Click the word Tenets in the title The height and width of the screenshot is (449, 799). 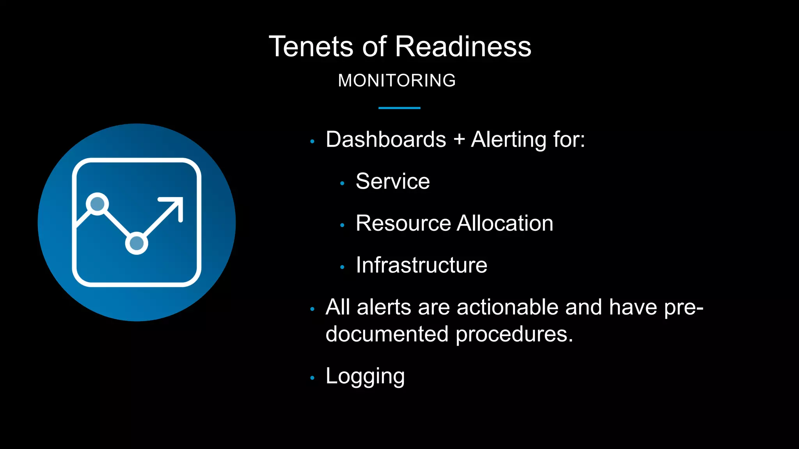point(311,47)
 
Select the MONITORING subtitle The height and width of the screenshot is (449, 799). point(397,81)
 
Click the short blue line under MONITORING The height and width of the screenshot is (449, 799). point(399,108)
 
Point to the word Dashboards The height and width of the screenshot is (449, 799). point(385,140)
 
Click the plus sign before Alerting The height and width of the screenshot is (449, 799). point(459,140)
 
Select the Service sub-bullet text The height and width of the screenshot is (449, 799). point(392,181)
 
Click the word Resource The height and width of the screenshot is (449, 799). point(403,223)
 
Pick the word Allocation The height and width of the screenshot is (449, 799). point(505,223)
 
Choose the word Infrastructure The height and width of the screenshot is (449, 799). point(421,265)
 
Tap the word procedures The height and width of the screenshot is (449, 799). point(514,334)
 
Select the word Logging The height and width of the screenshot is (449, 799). point(365,377)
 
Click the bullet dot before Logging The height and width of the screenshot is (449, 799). point(312,378)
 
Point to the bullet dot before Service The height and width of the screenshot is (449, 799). point(342,183)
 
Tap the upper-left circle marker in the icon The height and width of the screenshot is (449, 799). point(97,203)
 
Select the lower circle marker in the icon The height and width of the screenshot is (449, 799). point(137,243)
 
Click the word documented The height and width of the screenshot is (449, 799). point(387,334)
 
